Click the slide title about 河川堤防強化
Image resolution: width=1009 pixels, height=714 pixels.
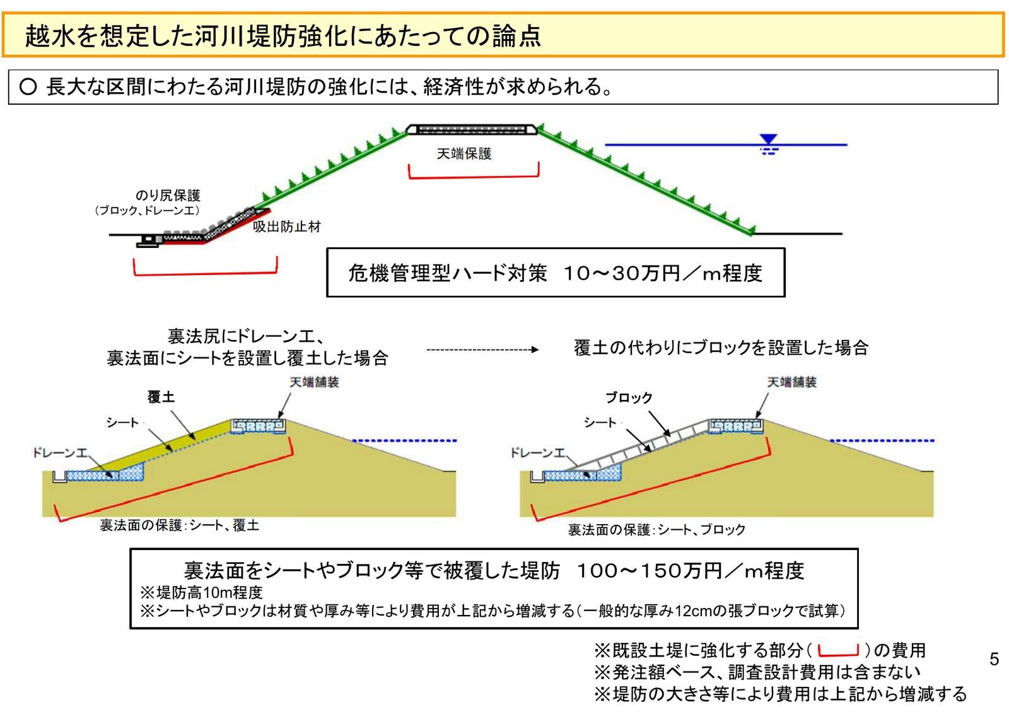coord(283,36)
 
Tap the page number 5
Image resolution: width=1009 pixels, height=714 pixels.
coord(994,659)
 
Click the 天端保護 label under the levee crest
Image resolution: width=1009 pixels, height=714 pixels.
coord(464,154)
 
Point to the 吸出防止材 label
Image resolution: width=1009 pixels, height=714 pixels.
coord(287,227)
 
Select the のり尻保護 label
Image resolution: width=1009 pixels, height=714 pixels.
coord(168,196)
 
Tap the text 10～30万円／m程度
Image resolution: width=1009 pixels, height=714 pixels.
coord(663,273)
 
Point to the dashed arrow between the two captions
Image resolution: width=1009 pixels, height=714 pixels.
coord(482,349)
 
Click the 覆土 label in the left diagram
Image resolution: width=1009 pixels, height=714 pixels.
coord(161,397)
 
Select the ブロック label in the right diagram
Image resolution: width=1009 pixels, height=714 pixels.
coord(629,397)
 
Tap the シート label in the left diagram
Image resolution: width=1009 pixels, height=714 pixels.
coord(122,423)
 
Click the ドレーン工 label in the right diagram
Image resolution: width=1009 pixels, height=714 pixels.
coord(538,453)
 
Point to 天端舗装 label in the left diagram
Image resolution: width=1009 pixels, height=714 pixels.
coord(314,382)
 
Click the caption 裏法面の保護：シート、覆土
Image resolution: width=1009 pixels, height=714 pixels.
coord(180,525)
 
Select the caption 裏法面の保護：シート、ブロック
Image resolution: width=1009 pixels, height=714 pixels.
coord(656,530)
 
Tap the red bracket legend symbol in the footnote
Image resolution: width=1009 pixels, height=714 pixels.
coord(838,651)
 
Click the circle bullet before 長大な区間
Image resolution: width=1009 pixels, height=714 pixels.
coord(28,86)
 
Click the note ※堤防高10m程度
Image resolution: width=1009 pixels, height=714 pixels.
coord(201,593)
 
